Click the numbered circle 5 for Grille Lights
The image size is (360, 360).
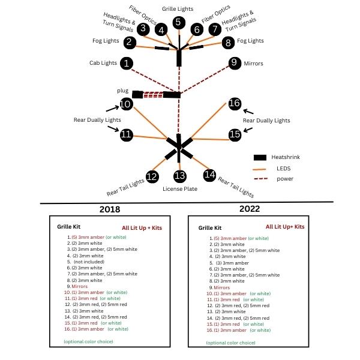coord(178,23)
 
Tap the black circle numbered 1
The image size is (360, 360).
coord(127,63)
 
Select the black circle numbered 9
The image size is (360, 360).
coord(234,63)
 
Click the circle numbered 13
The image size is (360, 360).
coord(179,176)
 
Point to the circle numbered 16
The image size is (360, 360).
coord(234,103)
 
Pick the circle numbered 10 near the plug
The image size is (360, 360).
coord(125,104)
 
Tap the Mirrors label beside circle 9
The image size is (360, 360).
coord(253,63)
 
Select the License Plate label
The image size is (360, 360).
coord(179,188)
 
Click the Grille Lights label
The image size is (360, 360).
coord(178,9)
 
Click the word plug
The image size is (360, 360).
coord(123,90)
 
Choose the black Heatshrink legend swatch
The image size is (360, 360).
coord(259,157)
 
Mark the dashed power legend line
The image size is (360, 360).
coord(259,178)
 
